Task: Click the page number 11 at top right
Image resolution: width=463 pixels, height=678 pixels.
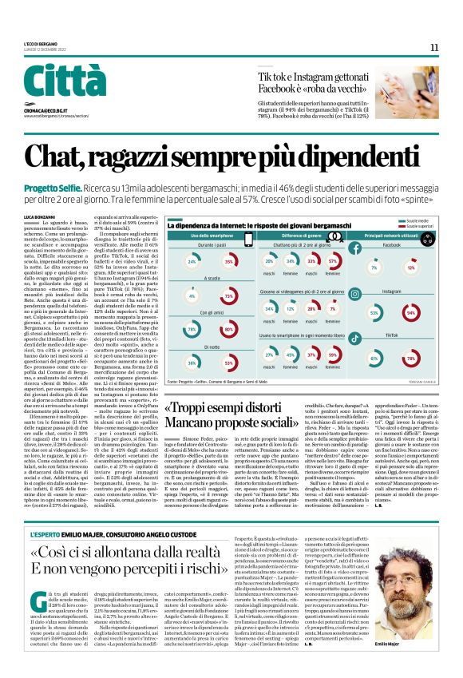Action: click(x=434, y=47)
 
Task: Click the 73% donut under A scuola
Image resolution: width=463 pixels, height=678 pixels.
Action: click(x=229, y=296)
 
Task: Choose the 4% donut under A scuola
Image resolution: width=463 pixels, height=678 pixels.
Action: click(x=192, y=296)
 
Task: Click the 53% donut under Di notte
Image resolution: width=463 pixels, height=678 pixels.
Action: click(x=229, y=363)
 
